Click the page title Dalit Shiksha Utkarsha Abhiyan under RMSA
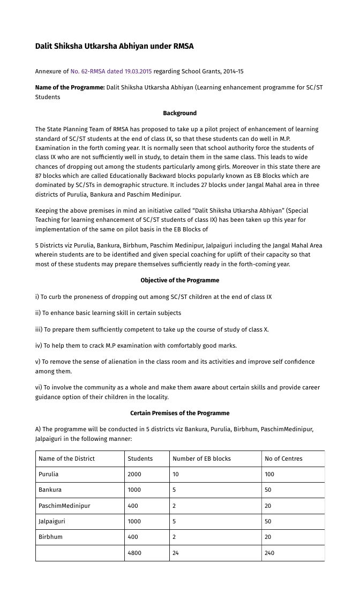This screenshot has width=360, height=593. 114,47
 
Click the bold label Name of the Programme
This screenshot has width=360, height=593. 70,87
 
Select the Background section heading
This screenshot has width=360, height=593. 179,113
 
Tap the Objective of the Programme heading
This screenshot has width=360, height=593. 179,280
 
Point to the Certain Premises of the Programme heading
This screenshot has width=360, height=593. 179,413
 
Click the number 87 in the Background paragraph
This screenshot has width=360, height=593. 39,176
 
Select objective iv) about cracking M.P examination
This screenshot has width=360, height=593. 136,346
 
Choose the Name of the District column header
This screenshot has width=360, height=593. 66,459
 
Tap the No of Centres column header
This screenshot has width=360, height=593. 283,459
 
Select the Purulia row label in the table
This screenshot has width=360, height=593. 49,474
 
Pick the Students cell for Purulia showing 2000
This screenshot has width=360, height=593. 134,474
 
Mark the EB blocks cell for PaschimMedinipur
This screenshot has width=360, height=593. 175,506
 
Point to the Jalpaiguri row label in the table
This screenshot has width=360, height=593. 51,521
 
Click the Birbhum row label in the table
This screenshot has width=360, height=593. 50,537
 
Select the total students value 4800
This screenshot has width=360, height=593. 134,553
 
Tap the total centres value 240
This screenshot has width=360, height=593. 269,553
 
